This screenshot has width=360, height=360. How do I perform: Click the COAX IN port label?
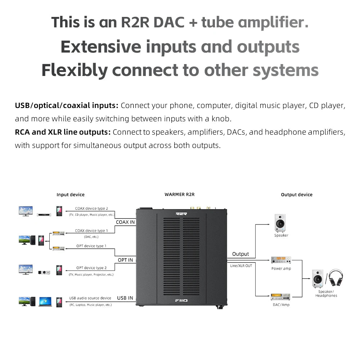(125, 222)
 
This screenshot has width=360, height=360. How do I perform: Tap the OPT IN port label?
(125, 260)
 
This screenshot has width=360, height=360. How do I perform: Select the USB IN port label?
(125, 298)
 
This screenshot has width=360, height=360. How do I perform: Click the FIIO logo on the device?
(181, 301)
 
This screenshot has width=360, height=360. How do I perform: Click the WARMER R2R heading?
(179, 194)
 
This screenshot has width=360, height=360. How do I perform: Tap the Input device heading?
(71, 195)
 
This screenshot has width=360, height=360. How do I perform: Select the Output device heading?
(297, 195)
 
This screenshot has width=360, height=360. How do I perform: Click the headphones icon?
(336, 278)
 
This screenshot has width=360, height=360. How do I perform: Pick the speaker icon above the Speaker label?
(280, 223)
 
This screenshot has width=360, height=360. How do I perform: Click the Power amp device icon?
(281, 260)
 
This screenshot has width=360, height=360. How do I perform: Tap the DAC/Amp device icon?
(281, 297)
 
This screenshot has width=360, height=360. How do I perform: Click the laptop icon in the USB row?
(45, 301)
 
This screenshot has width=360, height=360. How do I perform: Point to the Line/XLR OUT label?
(241, 266)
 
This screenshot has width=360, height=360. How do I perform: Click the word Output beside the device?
(240, 254)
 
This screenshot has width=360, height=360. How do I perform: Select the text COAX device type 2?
(91, 208)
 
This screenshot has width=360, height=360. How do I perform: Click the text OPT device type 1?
(91, 246)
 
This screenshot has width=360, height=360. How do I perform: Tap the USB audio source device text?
(90, 298)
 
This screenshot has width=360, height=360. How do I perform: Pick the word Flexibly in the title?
(75, 70)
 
